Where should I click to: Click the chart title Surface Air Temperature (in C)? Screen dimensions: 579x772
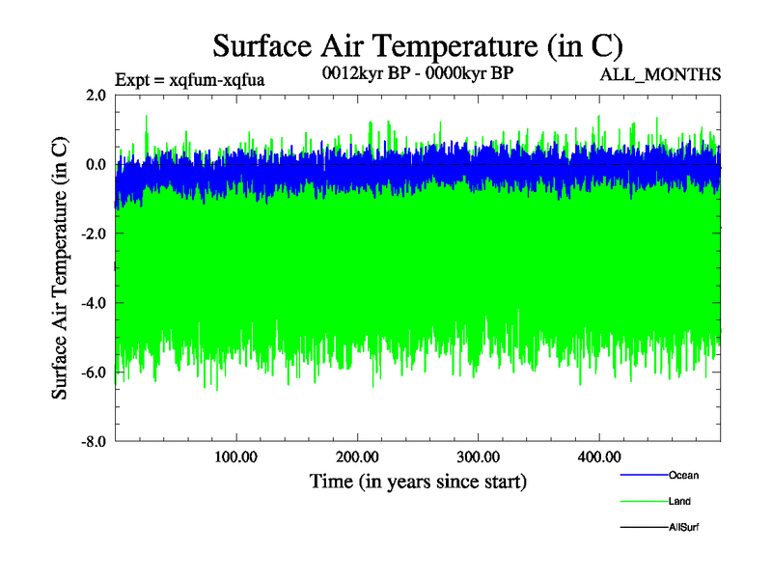(x=417, y=45)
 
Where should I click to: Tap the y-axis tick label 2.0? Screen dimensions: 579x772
(x=95, y=95)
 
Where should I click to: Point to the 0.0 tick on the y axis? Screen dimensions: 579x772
(x=95, y=164)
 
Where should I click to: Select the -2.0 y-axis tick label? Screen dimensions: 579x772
(x=93, y=234)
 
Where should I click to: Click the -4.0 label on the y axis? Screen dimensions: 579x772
(x=93, y=303)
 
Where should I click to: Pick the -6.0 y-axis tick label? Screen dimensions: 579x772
(x=93, y=372)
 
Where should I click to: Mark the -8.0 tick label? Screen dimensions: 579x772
(x=93, y=442)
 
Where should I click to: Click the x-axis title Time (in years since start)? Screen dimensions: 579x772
(x=418, y=481)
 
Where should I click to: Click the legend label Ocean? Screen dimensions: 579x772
(x=683, y=475)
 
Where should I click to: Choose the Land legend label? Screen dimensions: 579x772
(x=679, y=501)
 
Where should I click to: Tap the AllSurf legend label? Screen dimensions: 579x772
(x=684, y=527)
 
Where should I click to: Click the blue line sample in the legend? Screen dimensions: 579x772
(x=642, y=475)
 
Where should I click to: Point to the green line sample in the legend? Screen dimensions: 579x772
(x=642, y=501)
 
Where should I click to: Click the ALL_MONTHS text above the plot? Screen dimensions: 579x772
(x=660, y=74)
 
